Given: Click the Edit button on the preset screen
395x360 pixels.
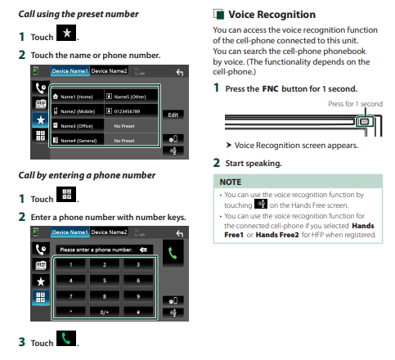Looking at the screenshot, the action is coord(173,115).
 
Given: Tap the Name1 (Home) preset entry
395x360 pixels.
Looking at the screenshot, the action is coord(78,97).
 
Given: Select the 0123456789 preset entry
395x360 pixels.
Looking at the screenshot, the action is coord(131,111).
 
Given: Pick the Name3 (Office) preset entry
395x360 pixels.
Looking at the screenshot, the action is coord(78,126).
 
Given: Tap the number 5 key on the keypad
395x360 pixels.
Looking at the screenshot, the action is coord(105,281).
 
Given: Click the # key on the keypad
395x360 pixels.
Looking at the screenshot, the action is coord(138,312).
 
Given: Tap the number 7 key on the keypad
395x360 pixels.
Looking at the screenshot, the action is coord(71,296).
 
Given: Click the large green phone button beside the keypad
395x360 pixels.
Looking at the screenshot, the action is coord(173,254).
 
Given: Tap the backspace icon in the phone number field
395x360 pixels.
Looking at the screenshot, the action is coord(143,250).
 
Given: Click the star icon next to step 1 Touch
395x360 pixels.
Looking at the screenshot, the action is coord(66,33).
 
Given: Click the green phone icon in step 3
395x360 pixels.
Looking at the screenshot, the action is coord(66,339).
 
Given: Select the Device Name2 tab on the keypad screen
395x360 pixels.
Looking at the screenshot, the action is coord(109,232).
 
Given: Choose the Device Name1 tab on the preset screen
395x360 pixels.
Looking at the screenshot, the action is coord(70,71).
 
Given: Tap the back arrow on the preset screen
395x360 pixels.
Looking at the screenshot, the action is coord(180,72).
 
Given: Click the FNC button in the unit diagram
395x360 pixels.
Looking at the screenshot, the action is coord(365,122).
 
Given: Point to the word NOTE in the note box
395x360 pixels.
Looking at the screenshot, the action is coord(231,182).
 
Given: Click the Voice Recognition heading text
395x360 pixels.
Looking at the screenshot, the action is coord(272,15).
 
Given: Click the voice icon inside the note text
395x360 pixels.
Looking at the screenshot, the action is coord(261,204).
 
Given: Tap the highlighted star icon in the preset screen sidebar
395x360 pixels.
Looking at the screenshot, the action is coord(41,120).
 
